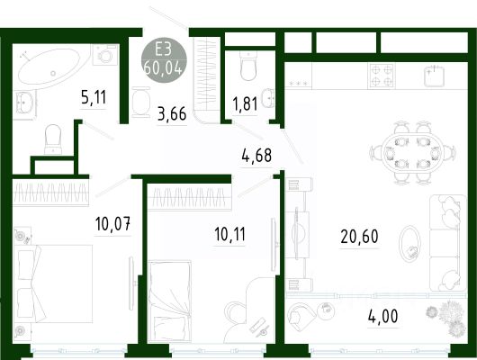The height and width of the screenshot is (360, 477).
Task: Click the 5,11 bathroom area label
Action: click(x=94, y=97)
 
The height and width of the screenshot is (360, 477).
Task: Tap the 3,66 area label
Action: click(x=172, y=113)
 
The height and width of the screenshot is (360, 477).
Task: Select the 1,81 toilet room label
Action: click(x=245, y=103)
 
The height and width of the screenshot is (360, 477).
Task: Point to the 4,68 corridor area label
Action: click(x=256, y=155)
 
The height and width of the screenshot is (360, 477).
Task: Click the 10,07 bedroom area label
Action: click(x=112, y=224)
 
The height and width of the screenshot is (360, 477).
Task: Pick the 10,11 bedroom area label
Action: click(x=229, y=234)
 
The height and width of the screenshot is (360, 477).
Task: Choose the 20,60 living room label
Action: click(x=359, y=237)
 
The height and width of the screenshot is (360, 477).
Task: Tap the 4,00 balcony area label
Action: click(x=382, y=316)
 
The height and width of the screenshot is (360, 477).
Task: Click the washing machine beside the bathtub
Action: click(x=105, y=55)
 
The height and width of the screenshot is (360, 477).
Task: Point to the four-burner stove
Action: click(x=382, y=76)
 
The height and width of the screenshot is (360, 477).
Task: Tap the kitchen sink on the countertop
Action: click(x=435, y=76)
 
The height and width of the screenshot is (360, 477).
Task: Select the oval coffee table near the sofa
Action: click(x=409, y=244)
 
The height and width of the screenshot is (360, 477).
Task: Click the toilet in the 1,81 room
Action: click(x=248, y=66)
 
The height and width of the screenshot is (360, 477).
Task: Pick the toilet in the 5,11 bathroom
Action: click(x=53, y=139)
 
